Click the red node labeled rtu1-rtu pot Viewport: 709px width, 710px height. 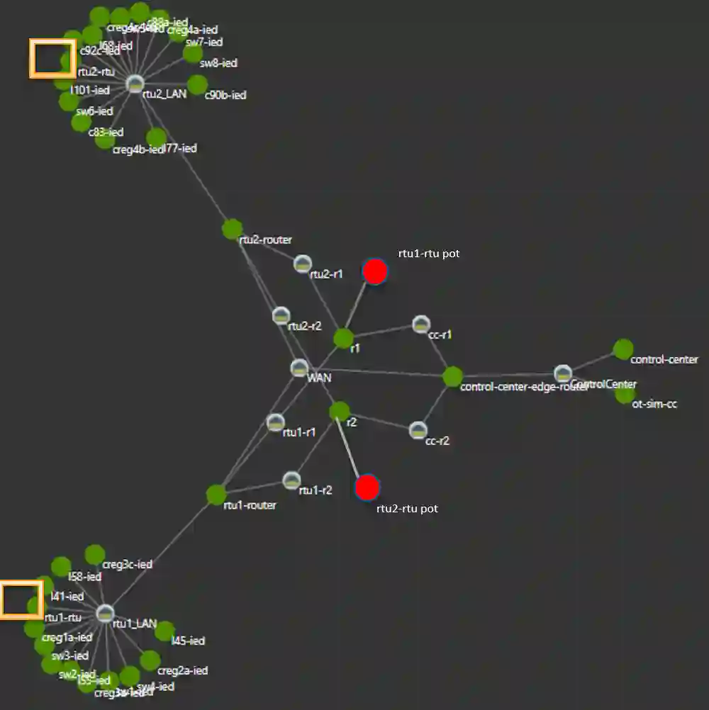point(374,271)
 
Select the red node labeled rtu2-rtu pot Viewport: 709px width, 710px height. point(367,488)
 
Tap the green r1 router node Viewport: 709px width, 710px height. point(344,339)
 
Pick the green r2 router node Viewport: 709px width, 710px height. point(340,411)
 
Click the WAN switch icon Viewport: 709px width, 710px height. point(299,368)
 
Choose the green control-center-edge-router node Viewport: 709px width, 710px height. point(452,376)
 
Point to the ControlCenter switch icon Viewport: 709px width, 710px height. point(563,373)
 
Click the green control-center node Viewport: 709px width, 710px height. point(623,349)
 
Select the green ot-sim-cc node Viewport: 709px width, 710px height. point(624,393)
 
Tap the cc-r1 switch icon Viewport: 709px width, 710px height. point(421,325)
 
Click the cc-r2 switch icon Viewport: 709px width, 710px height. point(418,430)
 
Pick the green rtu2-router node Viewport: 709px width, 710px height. point(233,229)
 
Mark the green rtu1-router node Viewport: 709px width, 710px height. point(216,495)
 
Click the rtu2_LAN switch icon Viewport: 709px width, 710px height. point(135,84)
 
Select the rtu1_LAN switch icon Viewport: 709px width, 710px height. point(105,613)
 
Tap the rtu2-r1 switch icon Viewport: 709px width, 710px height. point(303,264)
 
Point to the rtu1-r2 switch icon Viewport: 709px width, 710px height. point(291,480)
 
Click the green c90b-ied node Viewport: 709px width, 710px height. point(197,84)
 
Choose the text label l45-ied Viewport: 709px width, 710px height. point(189,641)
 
